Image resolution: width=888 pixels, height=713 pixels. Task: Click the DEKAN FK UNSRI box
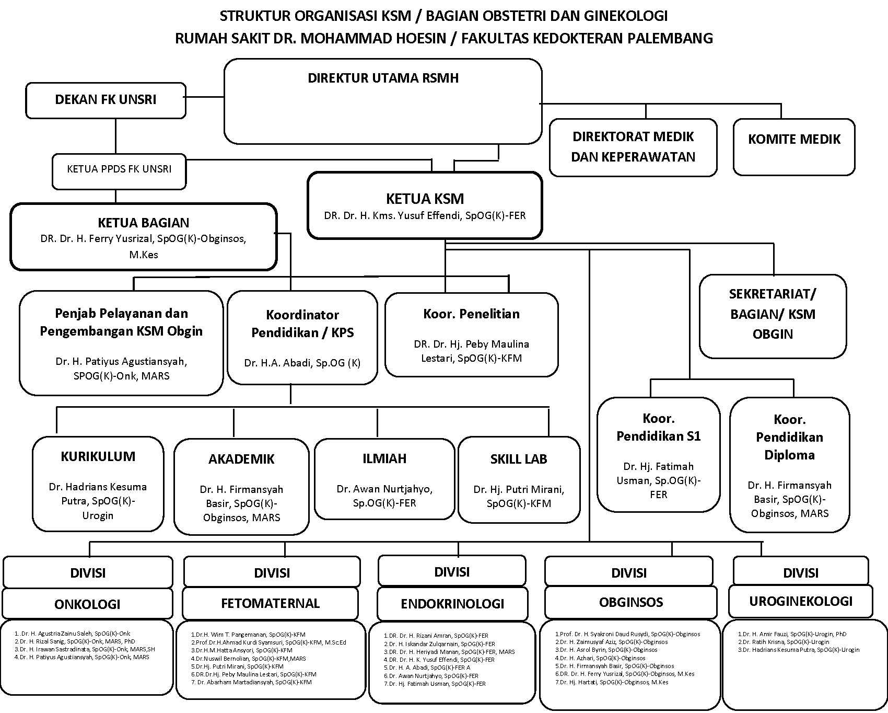click(x=106, y=100)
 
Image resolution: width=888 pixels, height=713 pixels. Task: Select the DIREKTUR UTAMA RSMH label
click(x=383, y=78)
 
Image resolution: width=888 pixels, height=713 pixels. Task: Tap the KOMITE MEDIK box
click(x=794, y=140)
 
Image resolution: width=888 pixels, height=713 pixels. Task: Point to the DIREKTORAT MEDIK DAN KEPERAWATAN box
click(x=633, y=147)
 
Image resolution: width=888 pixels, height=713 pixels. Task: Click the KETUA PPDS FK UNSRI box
click(x=119, y=169)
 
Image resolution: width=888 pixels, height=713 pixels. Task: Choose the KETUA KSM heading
click(x=425, y=199)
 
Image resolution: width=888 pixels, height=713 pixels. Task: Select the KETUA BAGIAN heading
click(x=144, y=223)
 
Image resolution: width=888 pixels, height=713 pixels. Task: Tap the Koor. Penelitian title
click(x=471, y=314)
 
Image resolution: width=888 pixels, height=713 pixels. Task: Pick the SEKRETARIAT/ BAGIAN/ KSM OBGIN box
click(x=773, y=314)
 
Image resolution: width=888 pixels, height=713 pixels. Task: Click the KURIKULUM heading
click(x=98, y=456)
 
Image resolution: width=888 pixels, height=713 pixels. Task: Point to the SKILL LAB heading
click(x=519, y=459)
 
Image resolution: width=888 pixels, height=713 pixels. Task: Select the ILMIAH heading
click(x=384, y=458)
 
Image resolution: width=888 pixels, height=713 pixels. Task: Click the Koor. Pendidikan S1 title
click(x=659, y=428)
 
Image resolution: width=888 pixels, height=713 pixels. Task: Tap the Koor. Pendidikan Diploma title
click(x=789, y=437)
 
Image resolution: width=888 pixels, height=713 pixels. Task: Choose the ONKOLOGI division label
click(x=87, y=604)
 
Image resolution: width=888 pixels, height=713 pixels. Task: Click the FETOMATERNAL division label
click(x=270, y=603)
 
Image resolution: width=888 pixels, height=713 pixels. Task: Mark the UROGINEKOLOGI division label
click(x=800, y=601)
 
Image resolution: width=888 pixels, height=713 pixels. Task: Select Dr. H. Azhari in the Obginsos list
click(x=600, y=658)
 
